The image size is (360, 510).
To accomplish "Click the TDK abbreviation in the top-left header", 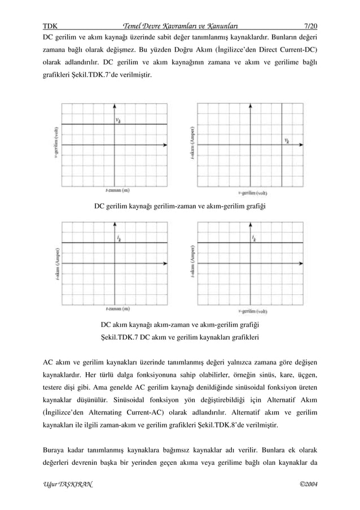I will pos(51,10).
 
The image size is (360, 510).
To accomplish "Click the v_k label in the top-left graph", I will pos(118,119).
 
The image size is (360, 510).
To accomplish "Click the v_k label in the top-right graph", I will pos(287,141).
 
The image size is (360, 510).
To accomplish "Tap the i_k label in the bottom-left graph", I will pos(118,238).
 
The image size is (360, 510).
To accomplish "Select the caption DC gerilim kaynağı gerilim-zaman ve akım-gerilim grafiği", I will pos(179,206).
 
